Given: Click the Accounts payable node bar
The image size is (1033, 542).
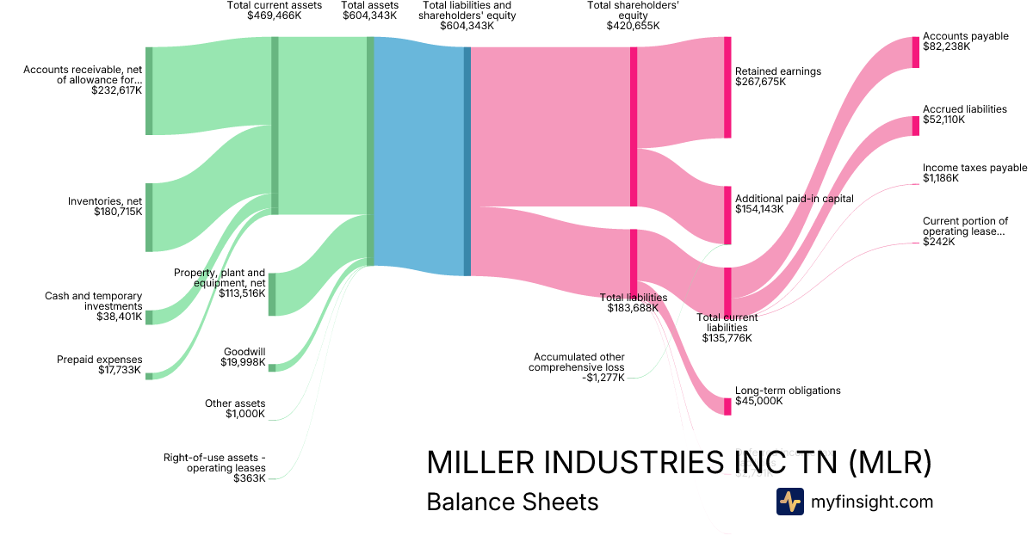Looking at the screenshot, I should [915, 52].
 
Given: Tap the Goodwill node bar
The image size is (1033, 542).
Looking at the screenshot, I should [272, 367].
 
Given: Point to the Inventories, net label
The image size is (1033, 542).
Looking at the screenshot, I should [105, 201].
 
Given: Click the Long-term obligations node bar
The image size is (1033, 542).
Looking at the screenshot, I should [727, 407].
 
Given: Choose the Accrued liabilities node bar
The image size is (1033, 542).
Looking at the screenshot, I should [915, 126].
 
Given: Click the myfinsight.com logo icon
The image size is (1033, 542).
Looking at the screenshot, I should [789, 502].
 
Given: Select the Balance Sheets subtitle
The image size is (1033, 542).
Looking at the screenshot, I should [512, 502].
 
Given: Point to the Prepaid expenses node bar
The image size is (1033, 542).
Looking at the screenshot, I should [149, 376].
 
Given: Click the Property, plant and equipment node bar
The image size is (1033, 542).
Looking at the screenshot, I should [272, 294].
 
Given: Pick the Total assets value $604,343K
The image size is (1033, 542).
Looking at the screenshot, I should [369, 15].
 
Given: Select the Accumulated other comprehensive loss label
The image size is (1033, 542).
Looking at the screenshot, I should [578, 362].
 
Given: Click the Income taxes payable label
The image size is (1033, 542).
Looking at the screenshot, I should [974, 168].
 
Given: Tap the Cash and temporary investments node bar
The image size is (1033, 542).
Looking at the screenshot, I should [149, 317].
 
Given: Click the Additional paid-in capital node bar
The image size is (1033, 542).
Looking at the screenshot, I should [727, 215].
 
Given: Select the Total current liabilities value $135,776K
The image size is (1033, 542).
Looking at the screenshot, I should [727, 338].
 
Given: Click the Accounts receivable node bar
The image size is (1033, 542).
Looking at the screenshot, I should [149, 91].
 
